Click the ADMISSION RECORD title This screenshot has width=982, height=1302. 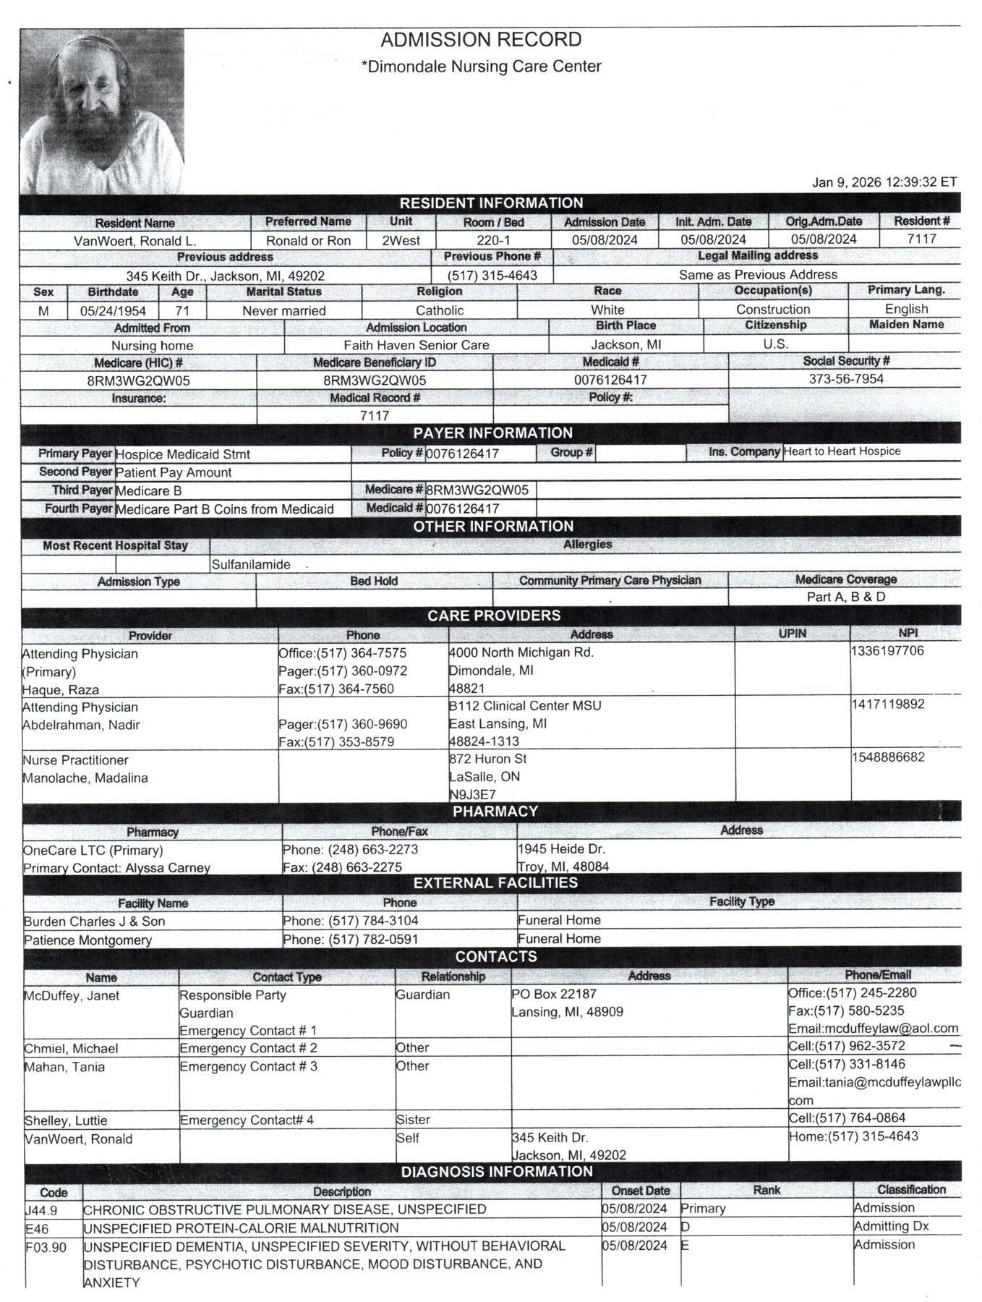[x=481, y=40]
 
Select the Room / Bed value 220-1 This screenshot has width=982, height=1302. [x=494, y=240]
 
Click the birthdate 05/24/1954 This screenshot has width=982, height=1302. [x=113, y=311]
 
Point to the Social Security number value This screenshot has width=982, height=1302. [x=845, y=379]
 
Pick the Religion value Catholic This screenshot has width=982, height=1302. [x=440, y=310]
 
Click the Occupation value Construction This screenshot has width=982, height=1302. [x=772, y=310]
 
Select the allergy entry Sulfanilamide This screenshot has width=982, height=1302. [x=251, y=565]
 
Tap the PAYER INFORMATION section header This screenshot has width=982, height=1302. [x=492, y=433]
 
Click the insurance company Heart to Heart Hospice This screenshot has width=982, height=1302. [x=842, y=451]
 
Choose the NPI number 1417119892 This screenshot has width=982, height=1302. [x=887, y=704]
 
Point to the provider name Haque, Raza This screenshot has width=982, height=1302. [x=61, y=689]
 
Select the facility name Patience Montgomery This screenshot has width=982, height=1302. [x=87, y=940]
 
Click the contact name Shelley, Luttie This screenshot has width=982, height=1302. [x=66, y=1120]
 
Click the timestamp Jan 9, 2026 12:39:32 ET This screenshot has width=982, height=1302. [x=884, y=182]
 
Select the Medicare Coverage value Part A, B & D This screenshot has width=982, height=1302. [x=845, y=597]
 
